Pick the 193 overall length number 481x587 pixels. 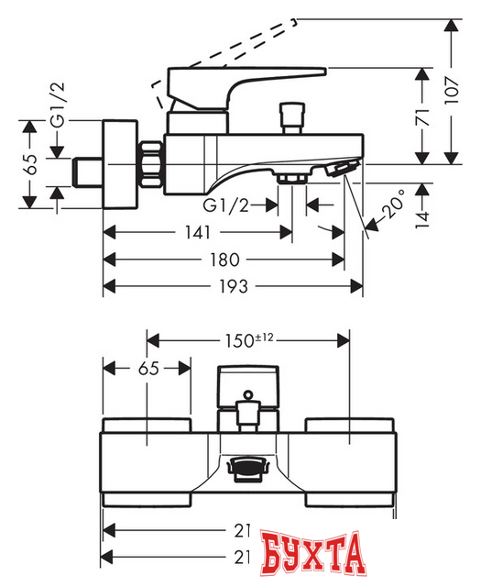tap(233, 286)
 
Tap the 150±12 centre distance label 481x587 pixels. tap(249, 339)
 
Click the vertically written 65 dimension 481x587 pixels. tap(30, 163)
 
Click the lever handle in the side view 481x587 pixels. tap(247, 79)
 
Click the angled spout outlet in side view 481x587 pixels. tap(340, 169)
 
